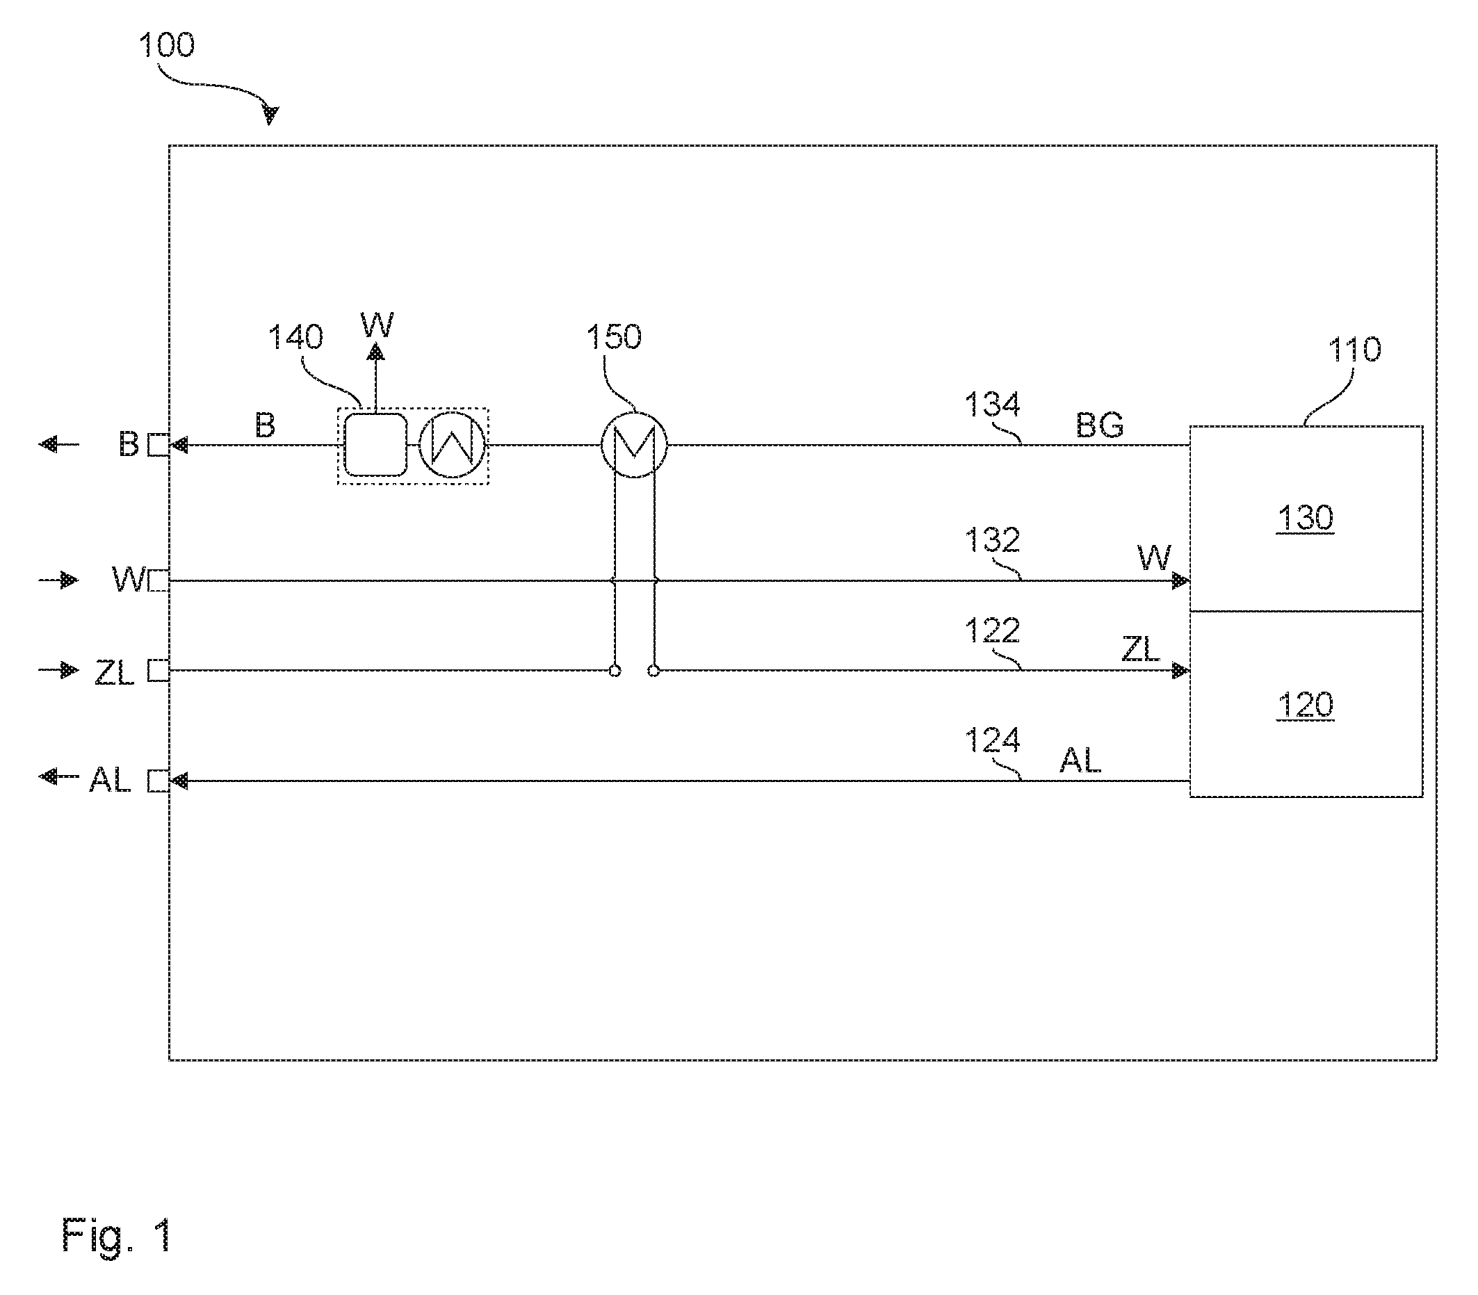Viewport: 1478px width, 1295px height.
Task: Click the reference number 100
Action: click(166, 44)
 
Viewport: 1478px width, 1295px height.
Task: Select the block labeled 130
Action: click(1306, 518)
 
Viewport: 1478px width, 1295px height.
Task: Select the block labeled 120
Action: click(1306, 705)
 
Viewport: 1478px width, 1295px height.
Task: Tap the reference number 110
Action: click(1354, 350)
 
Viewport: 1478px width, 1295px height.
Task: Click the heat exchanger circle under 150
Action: click(634, 444)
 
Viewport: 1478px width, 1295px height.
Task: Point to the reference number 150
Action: click(614, 336)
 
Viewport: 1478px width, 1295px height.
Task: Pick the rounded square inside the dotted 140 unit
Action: click(375, 444)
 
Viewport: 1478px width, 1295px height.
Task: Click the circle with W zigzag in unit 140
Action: click(452, 444)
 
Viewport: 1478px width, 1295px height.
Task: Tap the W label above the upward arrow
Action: click(377, 325)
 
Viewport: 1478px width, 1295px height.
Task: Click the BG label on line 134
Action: click(1099, 425)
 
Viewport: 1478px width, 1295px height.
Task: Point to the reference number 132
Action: click(992, 540)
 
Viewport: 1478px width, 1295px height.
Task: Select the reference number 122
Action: click(992, 630)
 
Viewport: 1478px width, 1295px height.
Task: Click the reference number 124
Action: click(992, 740)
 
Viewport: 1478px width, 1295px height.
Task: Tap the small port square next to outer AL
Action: click(159, 781)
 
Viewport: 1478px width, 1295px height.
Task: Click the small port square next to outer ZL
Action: click(159, 671)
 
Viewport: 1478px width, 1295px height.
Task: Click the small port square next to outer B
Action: click(159, 444)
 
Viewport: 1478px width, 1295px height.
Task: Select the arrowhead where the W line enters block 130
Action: click(1181, 580)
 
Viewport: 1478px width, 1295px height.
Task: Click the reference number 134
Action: click(992, 405)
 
